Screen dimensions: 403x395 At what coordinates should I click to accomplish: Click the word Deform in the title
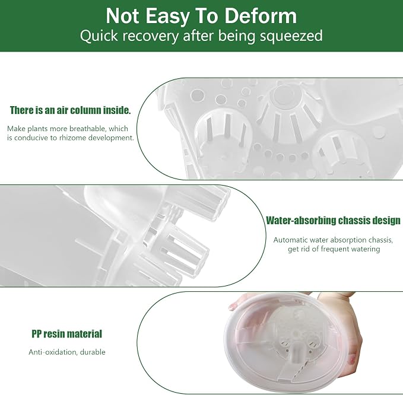point(261,16)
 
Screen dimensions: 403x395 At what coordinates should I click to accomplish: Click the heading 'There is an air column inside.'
point(70,110)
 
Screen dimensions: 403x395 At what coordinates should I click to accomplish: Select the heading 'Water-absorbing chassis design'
point(333,221)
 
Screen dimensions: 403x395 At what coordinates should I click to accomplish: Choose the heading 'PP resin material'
point(67,334)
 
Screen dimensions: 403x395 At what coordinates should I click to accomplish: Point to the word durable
point(93,352)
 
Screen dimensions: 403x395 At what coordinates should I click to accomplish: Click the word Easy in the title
point(167,17)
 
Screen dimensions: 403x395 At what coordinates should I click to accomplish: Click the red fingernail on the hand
point(351,359)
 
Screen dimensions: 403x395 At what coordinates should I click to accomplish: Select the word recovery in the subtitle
point(150,36)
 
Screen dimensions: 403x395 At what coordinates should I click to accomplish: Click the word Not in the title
point(123,16)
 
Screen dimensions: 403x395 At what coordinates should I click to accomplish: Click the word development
point(111,138)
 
